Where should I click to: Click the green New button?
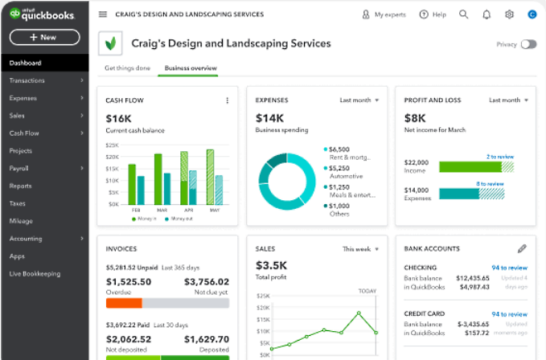pos(44,37)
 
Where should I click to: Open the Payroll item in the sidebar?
pos(19,168)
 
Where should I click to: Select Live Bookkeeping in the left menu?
pos(35,274)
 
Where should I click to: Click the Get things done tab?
pos(128,68)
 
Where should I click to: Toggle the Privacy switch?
pos(528,44)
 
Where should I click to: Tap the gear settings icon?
pos(509,14)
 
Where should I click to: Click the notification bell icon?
pos(486,14)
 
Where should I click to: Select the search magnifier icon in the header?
pos(463,14)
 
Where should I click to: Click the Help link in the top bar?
pos(433,14)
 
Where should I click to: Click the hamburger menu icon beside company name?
pos(102,14)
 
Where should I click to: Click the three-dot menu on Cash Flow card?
pos(228,100)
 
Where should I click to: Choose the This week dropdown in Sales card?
pos(360,249)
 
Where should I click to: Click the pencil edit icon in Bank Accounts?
pos(521,249)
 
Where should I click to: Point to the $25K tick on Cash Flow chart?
pos(113,145)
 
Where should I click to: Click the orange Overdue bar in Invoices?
pos(124,303)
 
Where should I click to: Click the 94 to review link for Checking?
pos(509,268)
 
